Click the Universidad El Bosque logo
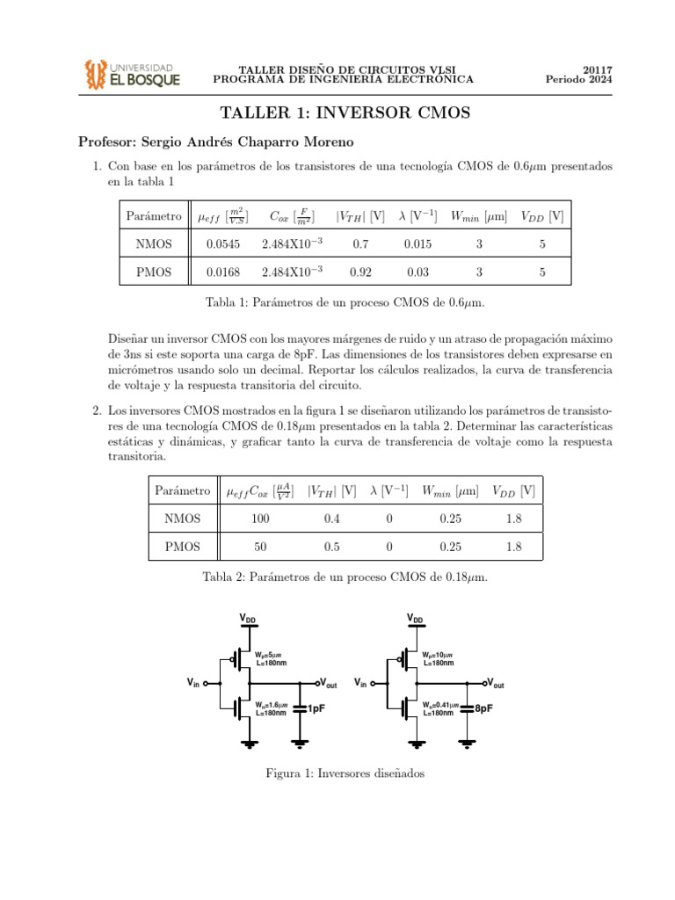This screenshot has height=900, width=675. pyautogui.click(x=132, y=74)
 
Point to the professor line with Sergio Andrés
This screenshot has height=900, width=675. pyautogui.click(x=218, y=142)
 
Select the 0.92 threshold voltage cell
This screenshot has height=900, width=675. pyautogui.click(x=360, y=272)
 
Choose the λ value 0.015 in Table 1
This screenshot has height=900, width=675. pyautogui.click(x=417, y=244)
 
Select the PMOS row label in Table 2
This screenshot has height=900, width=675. pyautogui.click(x=182, y=547)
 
